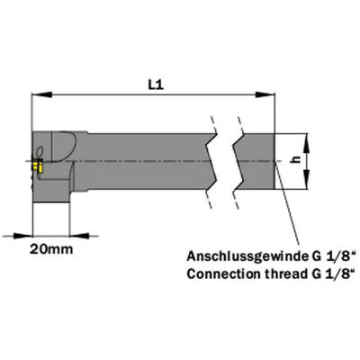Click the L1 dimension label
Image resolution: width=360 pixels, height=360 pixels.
click(156, 85)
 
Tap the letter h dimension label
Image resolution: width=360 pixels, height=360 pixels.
click(297, 160)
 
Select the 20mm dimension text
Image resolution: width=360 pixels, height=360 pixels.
click(51, 249)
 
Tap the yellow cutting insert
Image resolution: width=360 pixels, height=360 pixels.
click(38, 166)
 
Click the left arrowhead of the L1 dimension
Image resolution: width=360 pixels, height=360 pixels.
click(42, 94)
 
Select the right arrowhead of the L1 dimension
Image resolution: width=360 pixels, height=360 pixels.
click(265, 94)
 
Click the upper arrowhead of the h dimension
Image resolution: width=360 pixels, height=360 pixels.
click(306, 144)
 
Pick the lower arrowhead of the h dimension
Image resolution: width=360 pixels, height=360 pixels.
click(306, 179)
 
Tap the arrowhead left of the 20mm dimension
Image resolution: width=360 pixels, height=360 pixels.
click(22, 236)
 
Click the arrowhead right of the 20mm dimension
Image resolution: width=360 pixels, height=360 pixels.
click(79, 236)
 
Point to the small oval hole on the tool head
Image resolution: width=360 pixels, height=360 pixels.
click(40, 150)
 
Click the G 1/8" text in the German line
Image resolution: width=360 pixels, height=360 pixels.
click(333, 257)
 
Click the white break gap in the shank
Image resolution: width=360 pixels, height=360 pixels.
click(225, 162)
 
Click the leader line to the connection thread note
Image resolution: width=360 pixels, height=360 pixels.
click(287, 204)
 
